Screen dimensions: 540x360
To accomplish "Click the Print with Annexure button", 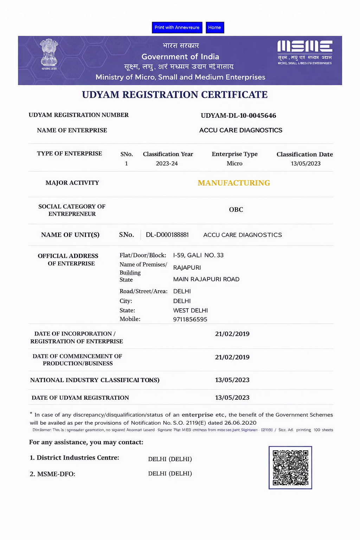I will click(x=177, y=27).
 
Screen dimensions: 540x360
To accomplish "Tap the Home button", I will click(x=214, y=27).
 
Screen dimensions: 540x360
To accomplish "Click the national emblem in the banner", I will click(x=49, y=53).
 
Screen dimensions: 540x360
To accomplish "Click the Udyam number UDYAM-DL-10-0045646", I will click(x=238, y=116).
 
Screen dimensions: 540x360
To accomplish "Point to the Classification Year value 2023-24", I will click(x=167, y=163).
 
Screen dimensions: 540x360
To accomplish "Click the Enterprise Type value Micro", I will click(x=234, y=163).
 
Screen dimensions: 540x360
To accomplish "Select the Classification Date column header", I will click(x=304, y=154).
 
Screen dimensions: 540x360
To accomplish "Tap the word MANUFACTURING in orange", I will click(x=234, y=183).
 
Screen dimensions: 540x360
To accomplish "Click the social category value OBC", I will click(x=236, y=210).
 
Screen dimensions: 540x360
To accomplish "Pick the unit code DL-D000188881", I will click(x=167, y=235).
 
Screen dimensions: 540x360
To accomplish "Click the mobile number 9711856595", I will click(x=190, y=319).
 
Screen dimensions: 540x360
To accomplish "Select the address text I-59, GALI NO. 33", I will click(x=198, y=255).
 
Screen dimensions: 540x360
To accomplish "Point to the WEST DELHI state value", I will click(x=191, y=310).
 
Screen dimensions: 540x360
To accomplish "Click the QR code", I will click(x=290, y=468).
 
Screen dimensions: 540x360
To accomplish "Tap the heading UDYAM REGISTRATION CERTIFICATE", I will click(x=175, y=95).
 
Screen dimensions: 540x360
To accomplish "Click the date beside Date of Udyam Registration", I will click(x=232, y=398).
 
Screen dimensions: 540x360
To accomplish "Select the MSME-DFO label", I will click(x=53, y=474).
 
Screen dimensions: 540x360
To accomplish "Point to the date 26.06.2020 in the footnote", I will click(x=240, y=423).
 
